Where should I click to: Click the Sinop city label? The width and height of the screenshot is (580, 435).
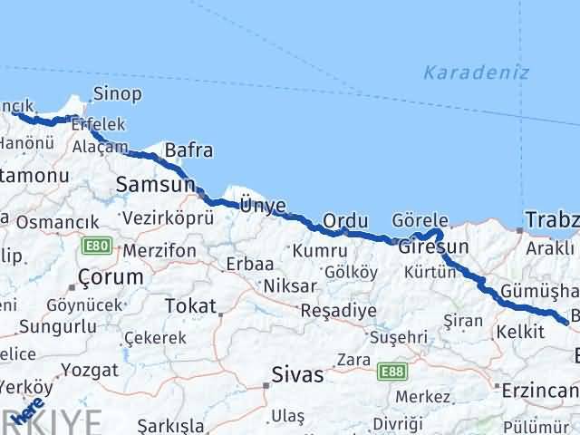(118, 93)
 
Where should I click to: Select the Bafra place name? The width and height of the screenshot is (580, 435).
(188, 150)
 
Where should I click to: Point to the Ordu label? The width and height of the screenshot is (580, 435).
(344, 221)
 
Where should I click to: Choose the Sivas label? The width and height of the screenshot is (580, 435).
(298, 374)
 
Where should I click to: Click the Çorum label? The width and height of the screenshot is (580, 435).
(111, 276)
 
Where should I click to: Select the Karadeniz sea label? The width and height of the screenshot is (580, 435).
(476, 73)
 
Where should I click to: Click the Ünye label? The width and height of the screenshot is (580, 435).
(262, 206)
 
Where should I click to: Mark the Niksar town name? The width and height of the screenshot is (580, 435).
(290, 285)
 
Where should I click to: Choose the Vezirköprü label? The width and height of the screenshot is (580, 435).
(167, 218)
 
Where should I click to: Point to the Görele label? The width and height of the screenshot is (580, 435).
(420, 220)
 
